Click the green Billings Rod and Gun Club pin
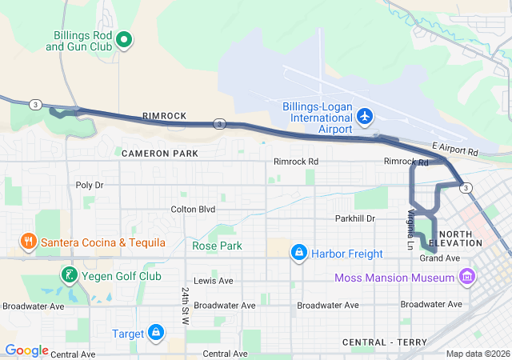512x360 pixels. click(124, 38)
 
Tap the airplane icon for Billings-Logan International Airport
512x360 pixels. click(365, 117)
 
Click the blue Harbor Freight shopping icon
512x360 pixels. click(299, 254)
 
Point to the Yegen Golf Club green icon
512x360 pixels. click(70, 276)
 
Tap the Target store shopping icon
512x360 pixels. click(156, 333)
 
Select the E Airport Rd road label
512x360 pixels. click(454, 149)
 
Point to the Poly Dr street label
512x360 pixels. click(90, 185)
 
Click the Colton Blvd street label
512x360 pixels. click(193, 210)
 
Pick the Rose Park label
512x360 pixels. click(217, 246)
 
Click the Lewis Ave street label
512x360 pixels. click(213, 281)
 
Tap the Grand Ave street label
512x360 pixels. click(440, 258)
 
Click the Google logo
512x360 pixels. click(27, 350)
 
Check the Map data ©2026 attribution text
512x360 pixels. click(477, 354)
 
